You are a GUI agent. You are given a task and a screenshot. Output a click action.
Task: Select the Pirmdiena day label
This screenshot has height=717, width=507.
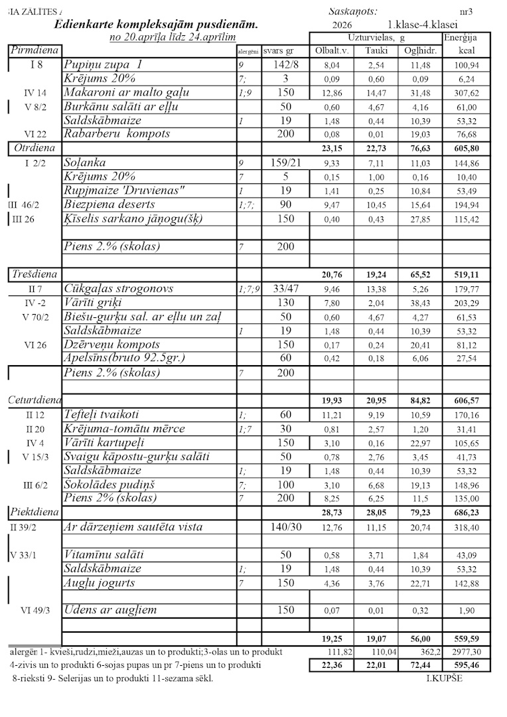[34, 50]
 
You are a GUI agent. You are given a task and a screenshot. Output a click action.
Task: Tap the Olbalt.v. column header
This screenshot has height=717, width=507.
[330, 51]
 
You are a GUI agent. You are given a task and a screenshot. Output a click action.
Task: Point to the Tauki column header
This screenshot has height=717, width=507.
[376, 51]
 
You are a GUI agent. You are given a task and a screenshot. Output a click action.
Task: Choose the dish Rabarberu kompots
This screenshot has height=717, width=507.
[117, 133]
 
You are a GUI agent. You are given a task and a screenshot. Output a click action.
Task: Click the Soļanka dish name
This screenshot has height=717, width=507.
[86, 162]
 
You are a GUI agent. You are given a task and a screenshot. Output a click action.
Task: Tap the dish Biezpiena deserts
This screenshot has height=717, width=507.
[109, 204]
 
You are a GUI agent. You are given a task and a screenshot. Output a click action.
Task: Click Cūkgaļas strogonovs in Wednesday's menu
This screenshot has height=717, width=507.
[119, 288]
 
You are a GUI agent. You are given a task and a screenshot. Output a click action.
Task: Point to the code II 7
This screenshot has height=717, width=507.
[36, 289]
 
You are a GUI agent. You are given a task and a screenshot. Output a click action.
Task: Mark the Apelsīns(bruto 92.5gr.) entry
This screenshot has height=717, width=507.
[124, 358]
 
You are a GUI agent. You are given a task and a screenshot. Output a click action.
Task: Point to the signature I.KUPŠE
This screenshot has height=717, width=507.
[444, 678]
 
